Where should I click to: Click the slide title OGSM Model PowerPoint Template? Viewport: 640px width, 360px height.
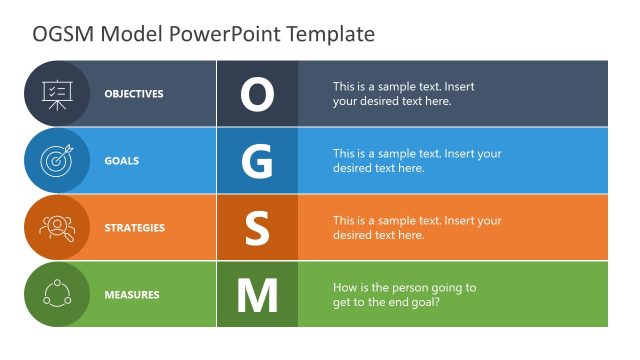(204, 33)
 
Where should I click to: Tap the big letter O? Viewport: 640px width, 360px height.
(257, 94)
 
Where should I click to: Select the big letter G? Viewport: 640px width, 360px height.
(257, 161)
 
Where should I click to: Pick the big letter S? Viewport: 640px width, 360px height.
(257, 228)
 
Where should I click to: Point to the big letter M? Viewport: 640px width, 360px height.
(257, 295)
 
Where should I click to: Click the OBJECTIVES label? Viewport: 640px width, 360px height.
(134, 94)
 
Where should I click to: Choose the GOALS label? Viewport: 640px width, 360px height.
(122, 161)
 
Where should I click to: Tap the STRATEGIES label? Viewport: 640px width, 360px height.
(135, 228)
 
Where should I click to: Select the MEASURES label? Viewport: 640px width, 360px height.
(132, 295)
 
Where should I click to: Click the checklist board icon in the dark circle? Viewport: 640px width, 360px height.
(56, 94)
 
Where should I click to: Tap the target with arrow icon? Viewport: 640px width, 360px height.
(56, 161)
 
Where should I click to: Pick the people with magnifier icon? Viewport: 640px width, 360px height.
(56, 228)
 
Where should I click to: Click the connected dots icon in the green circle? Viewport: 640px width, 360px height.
(56, 295)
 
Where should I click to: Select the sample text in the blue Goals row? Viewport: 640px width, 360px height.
(417, 161)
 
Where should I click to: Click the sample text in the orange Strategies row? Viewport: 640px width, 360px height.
(417, 228)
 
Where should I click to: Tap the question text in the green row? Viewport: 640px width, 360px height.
(404, 295)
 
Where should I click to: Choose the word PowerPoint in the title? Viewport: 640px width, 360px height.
(225, 33)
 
